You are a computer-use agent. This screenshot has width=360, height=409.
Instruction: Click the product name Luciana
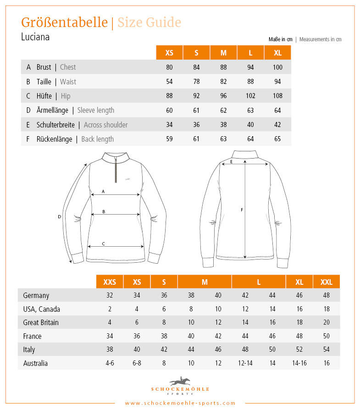(x=35, y=37)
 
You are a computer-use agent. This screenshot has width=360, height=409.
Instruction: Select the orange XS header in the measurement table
(x=169, y=53)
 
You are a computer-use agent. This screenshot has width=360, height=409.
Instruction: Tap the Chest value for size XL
(x=277, y=67)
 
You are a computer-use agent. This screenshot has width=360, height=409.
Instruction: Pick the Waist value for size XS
(x=169, y=82)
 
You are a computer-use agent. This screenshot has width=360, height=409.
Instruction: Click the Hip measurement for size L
(x=250, y=96)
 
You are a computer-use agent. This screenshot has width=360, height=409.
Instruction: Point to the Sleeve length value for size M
(x=223, y=110)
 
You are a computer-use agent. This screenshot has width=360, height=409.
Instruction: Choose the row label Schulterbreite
(x=55, y=125)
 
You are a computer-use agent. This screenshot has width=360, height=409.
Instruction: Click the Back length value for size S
(x=196, y=139)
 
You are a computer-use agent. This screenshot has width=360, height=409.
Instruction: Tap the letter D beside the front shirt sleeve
(x=60, y=216)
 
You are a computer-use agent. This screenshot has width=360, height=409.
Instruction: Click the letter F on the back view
(x=242, y=210)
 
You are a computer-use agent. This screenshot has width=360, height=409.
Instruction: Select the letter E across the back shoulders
(x=231, y=161)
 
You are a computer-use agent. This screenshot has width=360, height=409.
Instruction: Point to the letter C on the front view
(x=103, y=243)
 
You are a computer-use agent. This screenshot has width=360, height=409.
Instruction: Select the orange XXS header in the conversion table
(x=110, y=282)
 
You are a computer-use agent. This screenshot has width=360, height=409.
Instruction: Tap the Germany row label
(x=36, y=296)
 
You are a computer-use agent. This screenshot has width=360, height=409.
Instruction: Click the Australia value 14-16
(x=299, y=364)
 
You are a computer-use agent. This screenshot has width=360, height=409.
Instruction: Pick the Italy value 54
(x=327, y=350)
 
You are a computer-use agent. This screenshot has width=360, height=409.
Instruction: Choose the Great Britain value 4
(x=110, y=322)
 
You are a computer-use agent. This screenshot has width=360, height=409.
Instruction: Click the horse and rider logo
(x=180, y=381)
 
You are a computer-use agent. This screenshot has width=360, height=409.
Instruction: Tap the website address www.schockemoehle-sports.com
(x=180, y=403)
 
